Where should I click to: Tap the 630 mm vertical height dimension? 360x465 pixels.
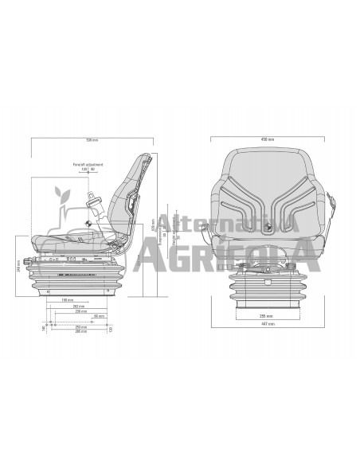(x=153, y=225)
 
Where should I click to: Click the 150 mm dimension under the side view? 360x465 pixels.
(x=69, y=299)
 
